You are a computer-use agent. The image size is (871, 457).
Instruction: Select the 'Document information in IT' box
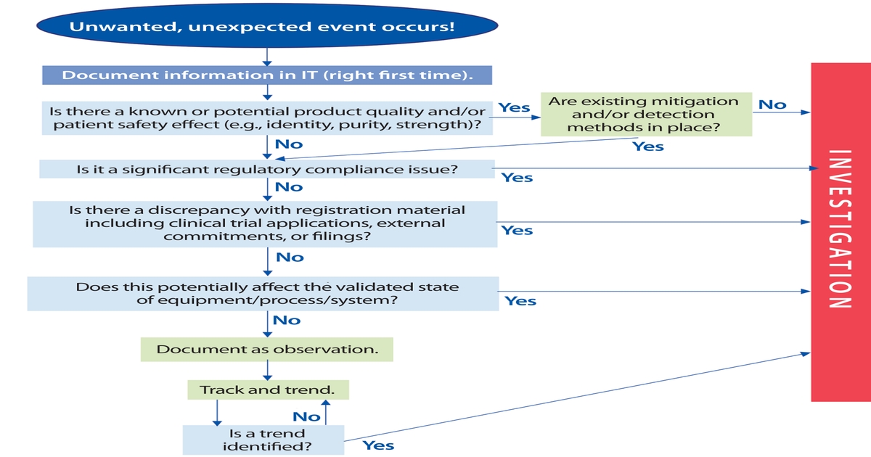[x=267, y=75]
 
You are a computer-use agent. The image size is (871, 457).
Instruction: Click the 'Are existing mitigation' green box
[x=645, y=115]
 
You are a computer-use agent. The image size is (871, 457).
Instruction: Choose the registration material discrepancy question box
[x=266, y=223]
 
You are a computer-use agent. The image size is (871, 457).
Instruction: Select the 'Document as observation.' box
[x=267, y=350]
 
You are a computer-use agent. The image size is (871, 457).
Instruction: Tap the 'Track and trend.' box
[x=267, y=390]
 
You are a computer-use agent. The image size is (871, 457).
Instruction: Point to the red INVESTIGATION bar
[x=839, y=231]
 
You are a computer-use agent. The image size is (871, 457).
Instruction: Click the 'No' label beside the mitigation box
[x=772, y=105]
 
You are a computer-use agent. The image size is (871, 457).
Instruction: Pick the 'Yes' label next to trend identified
[x=378, y=445]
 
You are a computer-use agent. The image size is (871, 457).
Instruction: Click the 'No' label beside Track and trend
[x=306, y=416]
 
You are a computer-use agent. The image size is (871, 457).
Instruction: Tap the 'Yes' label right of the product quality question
[x=514, y=108]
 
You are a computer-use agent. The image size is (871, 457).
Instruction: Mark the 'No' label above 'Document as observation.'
[x=287, y=320]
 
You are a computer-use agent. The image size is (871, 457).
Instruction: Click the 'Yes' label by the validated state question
[x=520, y=301]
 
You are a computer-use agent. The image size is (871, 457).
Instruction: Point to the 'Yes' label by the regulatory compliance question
[x=517, y=178]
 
